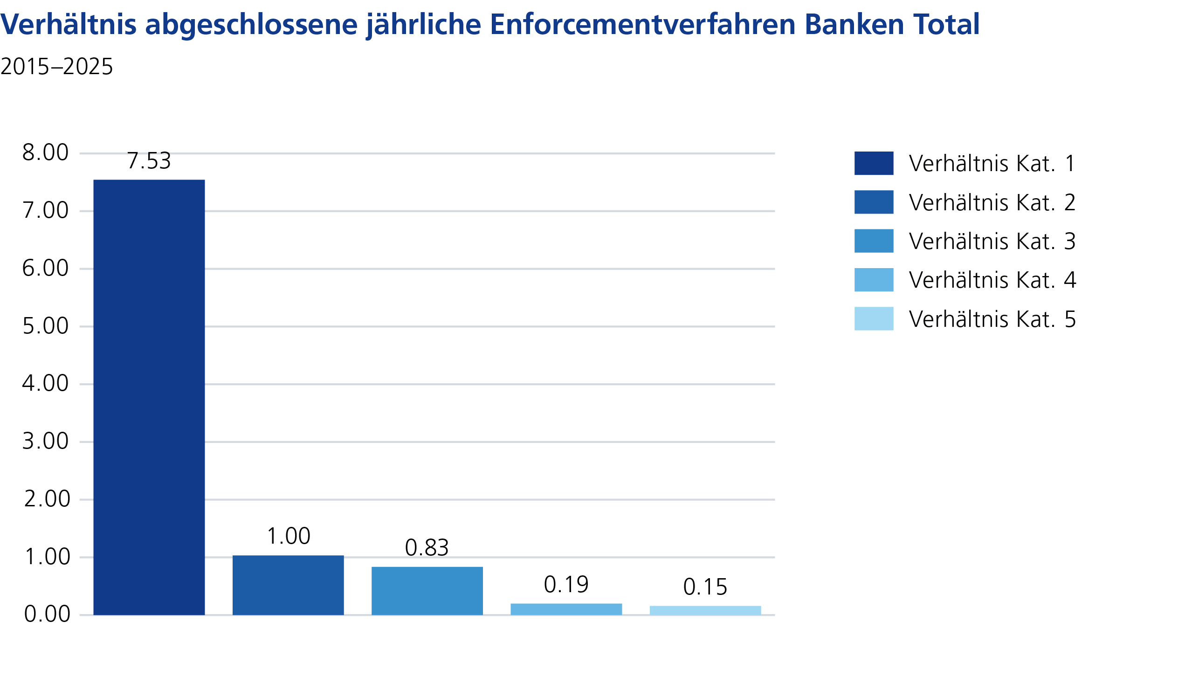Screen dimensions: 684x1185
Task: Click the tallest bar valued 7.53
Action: pyautogui.click(x=149, y=397)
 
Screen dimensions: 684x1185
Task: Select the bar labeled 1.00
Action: pyautogui.click(x=288, y=585)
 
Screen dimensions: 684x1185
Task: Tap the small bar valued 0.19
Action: pyautogui.click(x=566, y=609)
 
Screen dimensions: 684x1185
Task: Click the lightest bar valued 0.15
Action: pyautogui.click(x=705, y=610)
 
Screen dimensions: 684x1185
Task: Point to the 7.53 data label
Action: pyautogui.click(x=149, y=161)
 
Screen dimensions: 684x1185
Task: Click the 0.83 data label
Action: pyautogui.click(x=427, y=548)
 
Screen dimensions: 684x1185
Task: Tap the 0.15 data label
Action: pyautogui.click(x=705, y=587)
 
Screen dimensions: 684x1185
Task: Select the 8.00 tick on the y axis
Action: pyautogui.click(x=46, y=152)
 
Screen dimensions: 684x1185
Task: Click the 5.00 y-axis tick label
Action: pyautogui.click(x=46, y=326)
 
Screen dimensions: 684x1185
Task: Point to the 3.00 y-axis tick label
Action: pyautogui.click(x=46, y=442)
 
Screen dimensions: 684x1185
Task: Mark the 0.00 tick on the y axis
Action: pyautogui.click(x=47, y=615)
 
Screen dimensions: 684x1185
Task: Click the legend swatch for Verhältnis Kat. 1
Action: pyautogui.click(x=874, y=163)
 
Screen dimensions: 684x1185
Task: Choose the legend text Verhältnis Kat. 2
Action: pyautogui.click(x=992, y=202)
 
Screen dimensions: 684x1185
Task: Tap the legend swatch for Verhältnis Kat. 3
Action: pyautogui.click(x=874, y=241)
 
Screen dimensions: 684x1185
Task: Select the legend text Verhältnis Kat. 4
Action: pyautogui.click(x=992, y=280)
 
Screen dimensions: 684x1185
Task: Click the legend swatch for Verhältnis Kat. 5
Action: pyautogui.click(x=874, y=318)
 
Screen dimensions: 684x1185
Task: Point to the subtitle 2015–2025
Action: pyautogui.click(x=57, y=67)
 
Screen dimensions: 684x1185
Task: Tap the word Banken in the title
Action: pyautogui.click(x=854, y=24)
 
